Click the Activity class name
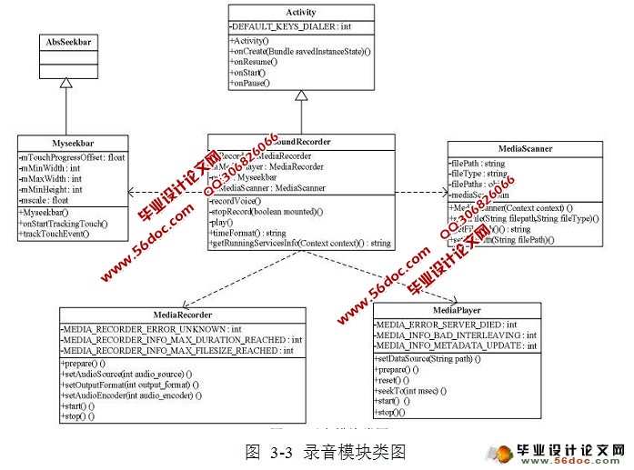click(300, 14)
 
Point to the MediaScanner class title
click(526, 148)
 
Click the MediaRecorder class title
click(177, 314)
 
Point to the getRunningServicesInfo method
click(300, 244)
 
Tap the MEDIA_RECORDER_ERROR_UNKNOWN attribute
click(150, 327)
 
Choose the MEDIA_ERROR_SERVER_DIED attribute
click(447, 324)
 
